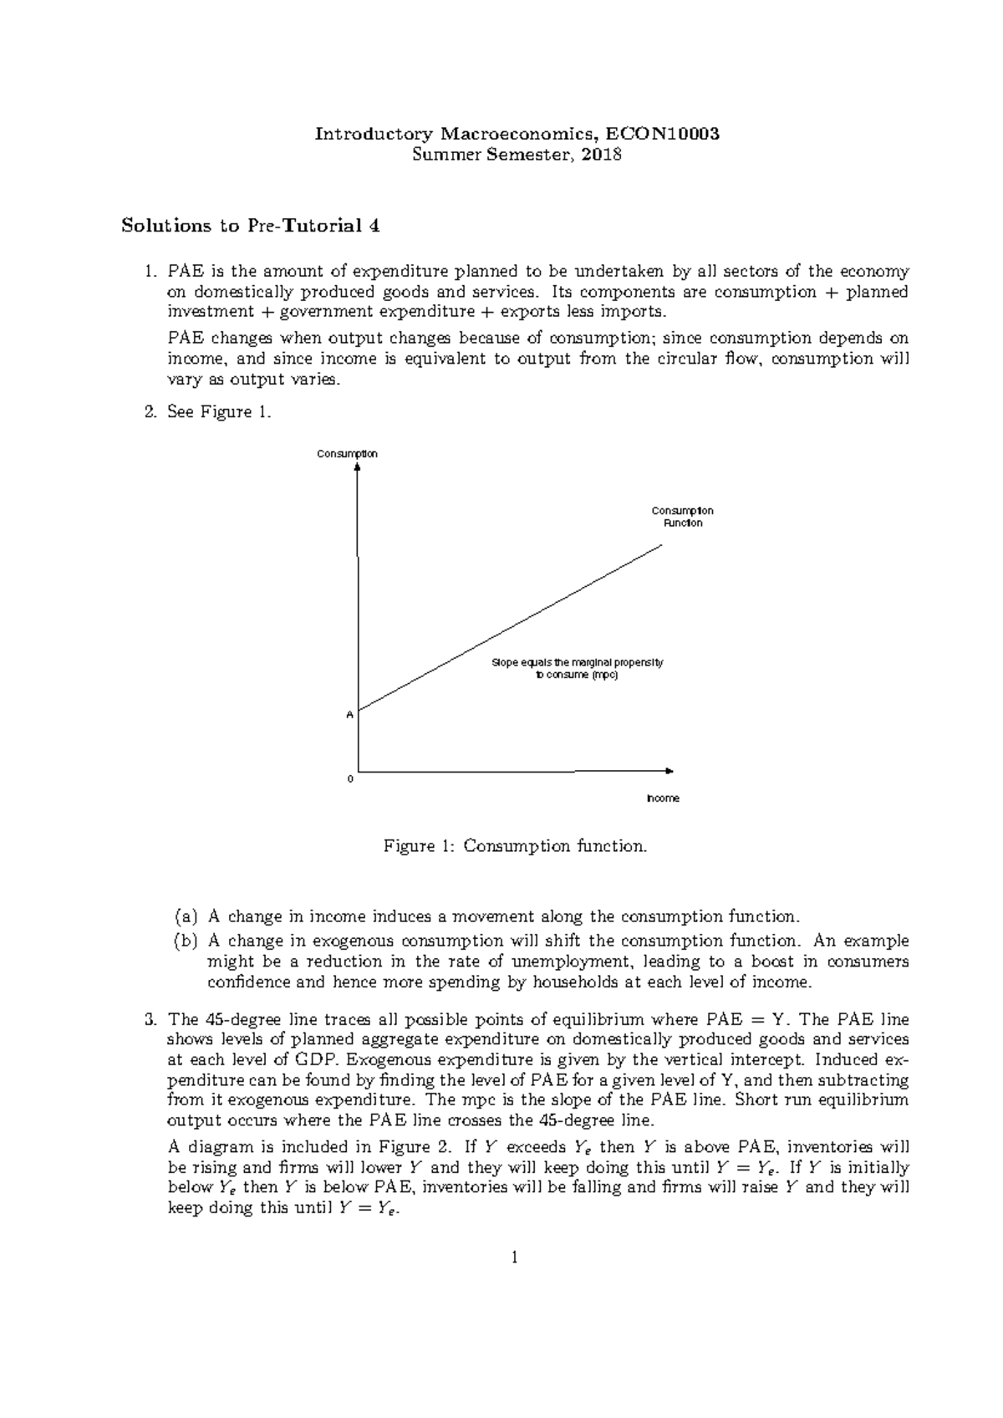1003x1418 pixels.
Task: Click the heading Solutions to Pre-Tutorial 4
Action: (245, 226)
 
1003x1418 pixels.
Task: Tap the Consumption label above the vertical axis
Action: (347, 453)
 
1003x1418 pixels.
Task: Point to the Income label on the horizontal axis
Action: (664, 798)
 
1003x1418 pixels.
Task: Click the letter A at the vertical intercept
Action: (350, 716)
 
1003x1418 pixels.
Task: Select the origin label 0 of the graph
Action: (350, 778)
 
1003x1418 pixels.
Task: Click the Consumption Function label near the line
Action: (682, 517)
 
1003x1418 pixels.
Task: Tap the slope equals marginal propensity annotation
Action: (577, 669)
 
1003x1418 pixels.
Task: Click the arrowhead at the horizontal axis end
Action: (669, 770)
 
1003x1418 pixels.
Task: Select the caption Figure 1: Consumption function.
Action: (515, 846)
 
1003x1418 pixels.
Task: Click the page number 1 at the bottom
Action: (515, 1257)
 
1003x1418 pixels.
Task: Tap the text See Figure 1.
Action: (219, 412)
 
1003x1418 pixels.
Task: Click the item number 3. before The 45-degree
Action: (150, 1020)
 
